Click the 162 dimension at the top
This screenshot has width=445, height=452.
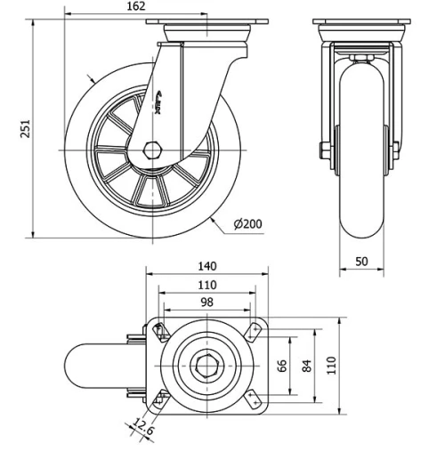[136, 7]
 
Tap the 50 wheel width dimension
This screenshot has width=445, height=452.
[360, 260]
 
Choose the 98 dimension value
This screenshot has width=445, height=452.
[206, 303]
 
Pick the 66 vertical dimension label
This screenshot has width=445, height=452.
[283, 367]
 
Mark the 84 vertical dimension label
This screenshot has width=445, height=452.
[308, 367]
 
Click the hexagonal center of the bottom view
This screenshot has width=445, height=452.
[206, 365]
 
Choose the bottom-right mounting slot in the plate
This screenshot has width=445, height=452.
[253, 397]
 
